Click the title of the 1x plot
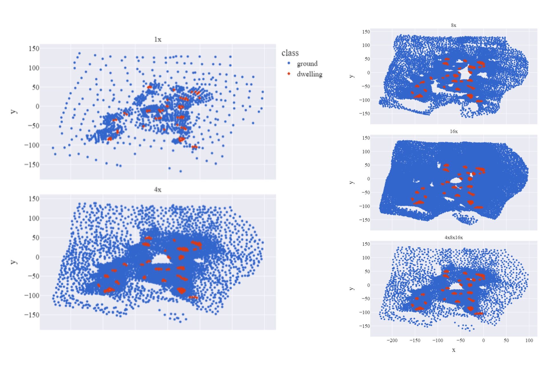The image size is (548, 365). click(x=158, y=39)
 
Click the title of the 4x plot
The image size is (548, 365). click(x=158, y=190)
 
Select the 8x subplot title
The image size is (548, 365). click(x=454, y=25)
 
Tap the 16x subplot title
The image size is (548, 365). click(x=454, y=131)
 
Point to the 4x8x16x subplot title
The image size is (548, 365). click(x=454, y=238)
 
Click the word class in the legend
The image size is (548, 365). click(x=290, y=53)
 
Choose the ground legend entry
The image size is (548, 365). click(x=307, y=64)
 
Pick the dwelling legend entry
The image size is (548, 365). click(x=309, y=74)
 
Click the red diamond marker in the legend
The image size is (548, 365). click(x=289, y=74)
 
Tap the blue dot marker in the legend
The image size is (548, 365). click(x=289, y=63)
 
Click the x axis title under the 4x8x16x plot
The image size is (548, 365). click(x=454, y=350)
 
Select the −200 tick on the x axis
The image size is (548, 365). click(x=392, y=340)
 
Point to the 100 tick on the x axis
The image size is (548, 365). click(x=529, y=340)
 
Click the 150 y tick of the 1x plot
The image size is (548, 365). click(x=34, y=49)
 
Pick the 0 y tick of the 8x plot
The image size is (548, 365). click(x=368, y=73)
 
